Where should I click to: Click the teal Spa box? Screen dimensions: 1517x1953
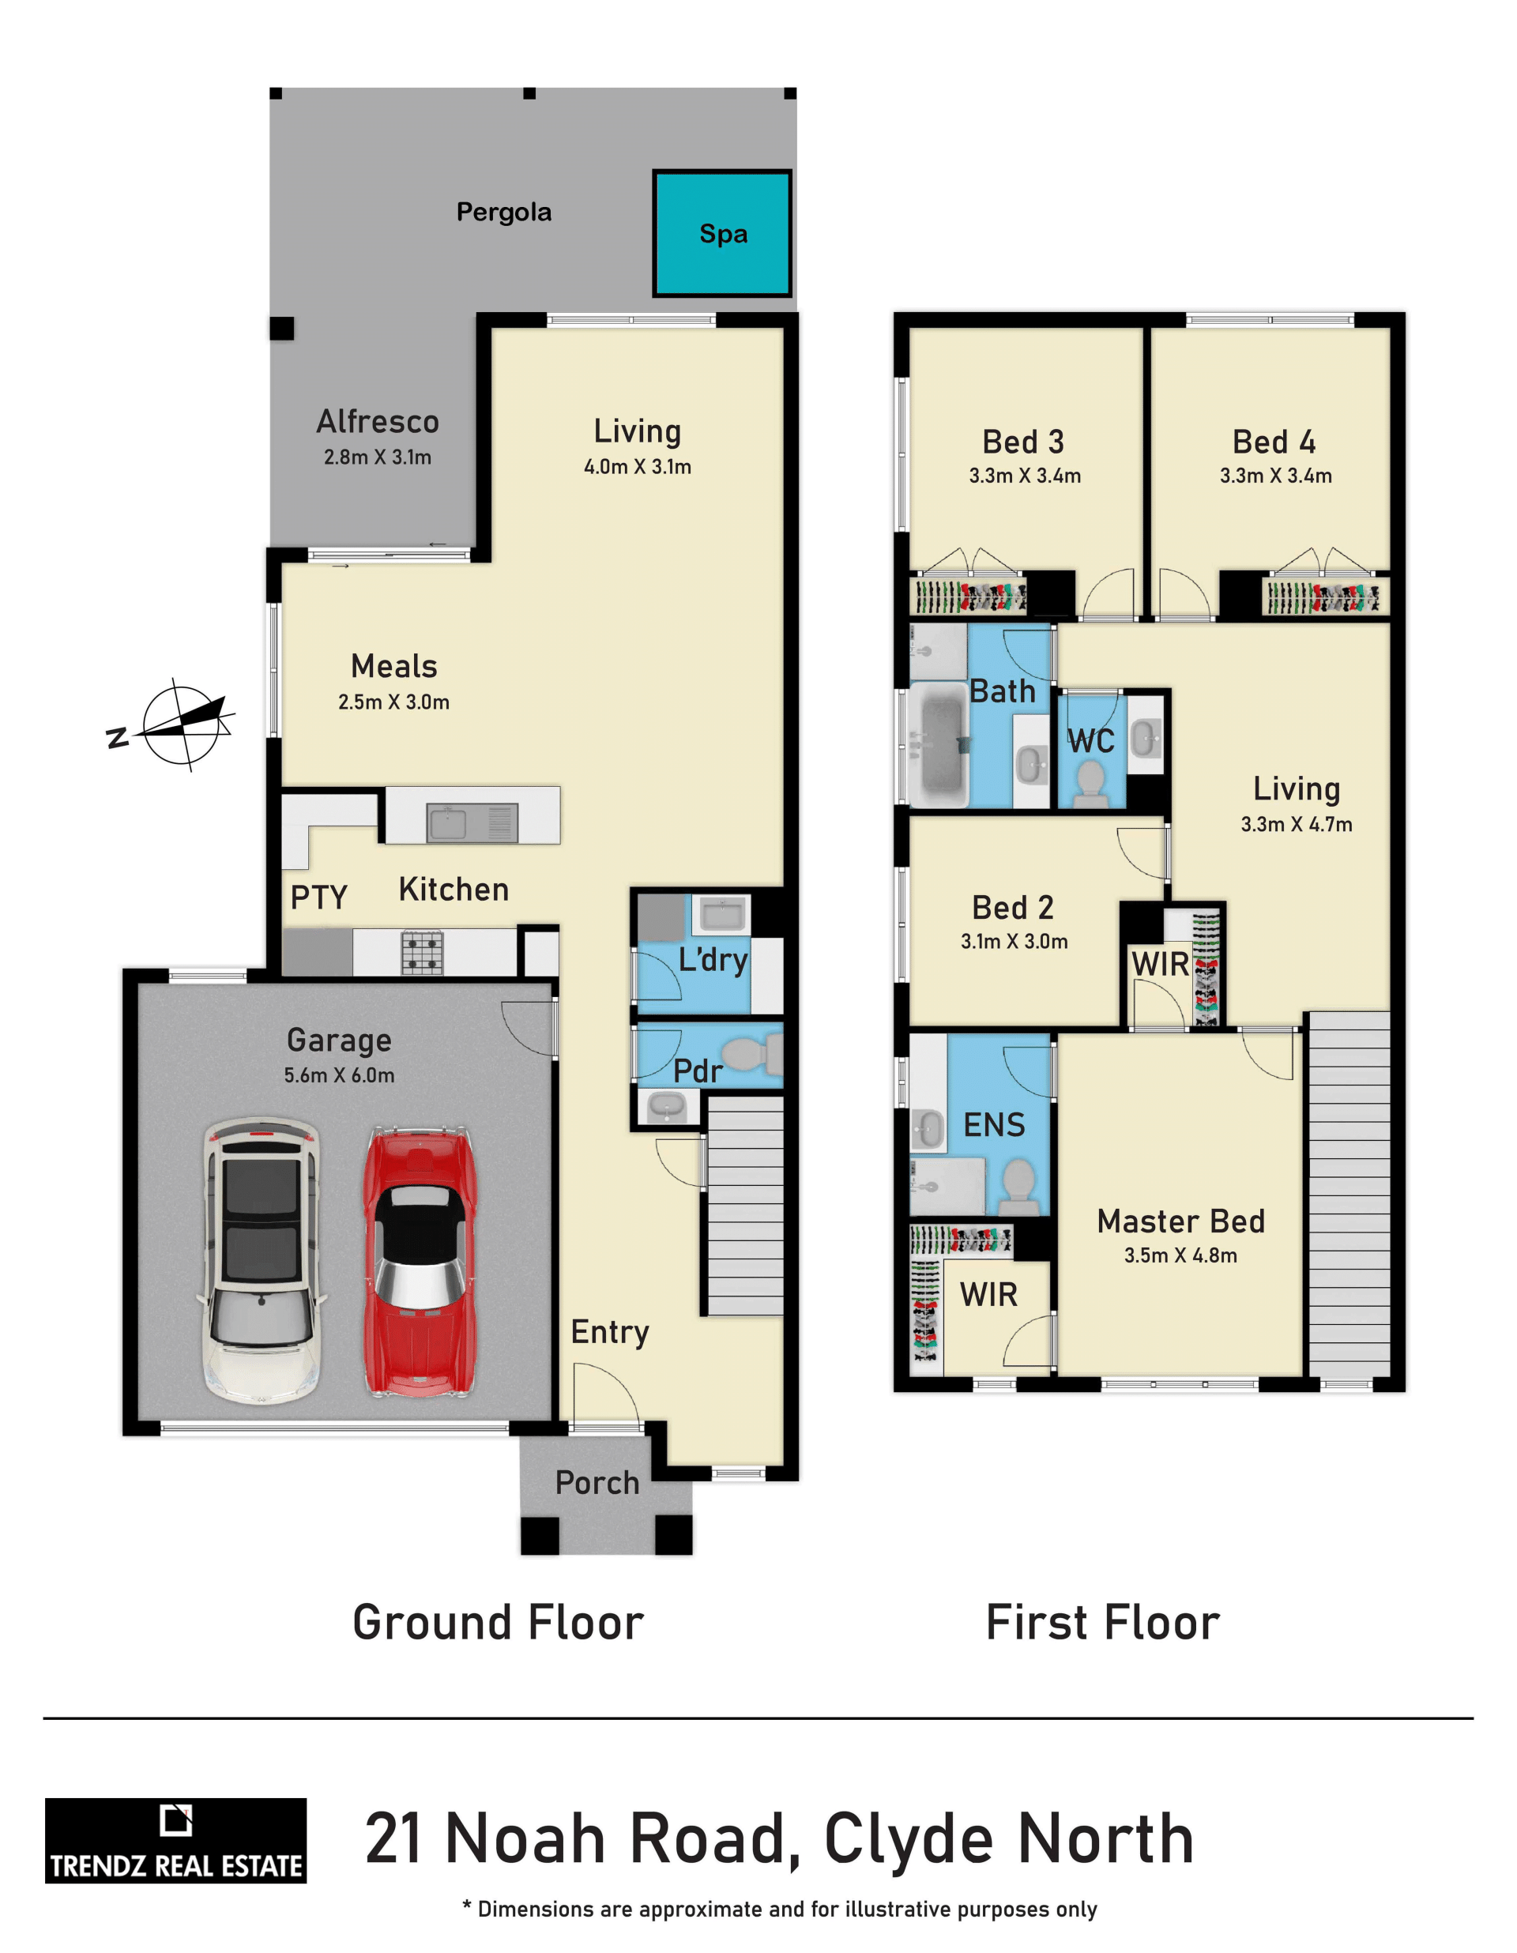[723, 233]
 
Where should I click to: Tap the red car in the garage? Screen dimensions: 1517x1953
[420, 1261]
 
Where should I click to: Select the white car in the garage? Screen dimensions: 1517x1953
[262, 1259]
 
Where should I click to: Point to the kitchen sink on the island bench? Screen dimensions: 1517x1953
[472, 822]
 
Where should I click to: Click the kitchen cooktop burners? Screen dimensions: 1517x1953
[422, 952]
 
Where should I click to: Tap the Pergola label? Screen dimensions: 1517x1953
[503, 213]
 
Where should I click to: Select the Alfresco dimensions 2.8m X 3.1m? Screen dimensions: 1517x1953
[378, 457]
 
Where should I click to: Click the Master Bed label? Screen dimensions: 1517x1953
[1180, 1221]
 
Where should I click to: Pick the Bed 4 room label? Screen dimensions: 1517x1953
[1274, 442]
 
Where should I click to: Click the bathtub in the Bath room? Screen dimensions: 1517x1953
[939, 746]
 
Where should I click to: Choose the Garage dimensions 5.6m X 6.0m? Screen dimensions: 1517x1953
[339, 1075]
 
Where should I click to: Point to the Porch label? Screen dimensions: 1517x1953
[597, 1483]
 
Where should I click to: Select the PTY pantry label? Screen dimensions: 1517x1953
[318, 897]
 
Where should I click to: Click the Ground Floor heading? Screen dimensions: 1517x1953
[499, 1622]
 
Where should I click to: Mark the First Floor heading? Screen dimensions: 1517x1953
[1103, 1622]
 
